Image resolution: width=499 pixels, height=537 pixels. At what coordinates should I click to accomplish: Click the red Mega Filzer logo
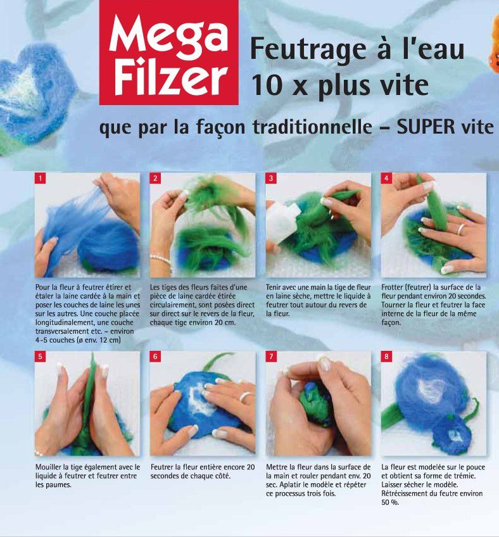click(169, 52)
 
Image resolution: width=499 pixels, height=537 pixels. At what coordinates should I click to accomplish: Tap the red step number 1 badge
click(40, 178)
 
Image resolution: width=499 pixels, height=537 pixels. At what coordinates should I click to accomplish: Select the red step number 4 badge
click(386, 178)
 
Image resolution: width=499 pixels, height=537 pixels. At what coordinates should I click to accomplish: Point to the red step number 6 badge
click(155, 357)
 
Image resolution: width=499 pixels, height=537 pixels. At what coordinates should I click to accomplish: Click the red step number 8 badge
click(386, 357)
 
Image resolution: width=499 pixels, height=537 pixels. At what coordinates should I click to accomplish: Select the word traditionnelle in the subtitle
click(312, 127)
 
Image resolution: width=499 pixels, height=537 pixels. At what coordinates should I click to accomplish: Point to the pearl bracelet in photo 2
click(161, 260)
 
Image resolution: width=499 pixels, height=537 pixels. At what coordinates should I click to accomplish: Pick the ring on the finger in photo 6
click(246, 396)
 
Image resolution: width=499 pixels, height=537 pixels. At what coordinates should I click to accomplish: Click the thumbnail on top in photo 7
click(324, 363)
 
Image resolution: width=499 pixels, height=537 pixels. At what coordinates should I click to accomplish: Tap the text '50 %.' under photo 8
click(390, 503)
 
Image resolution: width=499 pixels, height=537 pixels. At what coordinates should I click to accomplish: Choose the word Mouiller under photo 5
click(48, 467)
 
